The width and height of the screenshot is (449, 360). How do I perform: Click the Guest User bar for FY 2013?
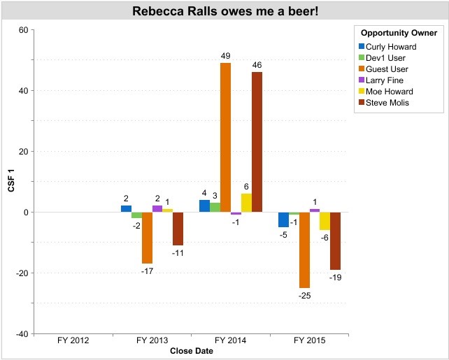pos(147,238)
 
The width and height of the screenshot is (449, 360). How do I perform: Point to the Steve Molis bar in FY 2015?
pos(336,240)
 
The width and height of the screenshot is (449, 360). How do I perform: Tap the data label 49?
pos(225,57)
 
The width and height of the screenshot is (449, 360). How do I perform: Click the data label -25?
pos(304,296)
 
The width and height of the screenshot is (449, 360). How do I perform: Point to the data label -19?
pos(336,278)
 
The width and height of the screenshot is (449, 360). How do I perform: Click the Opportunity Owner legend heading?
pos(399,33)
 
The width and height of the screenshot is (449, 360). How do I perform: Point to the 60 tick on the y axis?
pos(23,30)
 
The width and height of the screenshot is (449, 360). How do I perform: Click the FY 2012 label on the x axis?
pos(73,342)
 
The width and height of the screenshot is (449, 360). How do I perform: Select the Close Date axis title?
pos(191,352)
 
